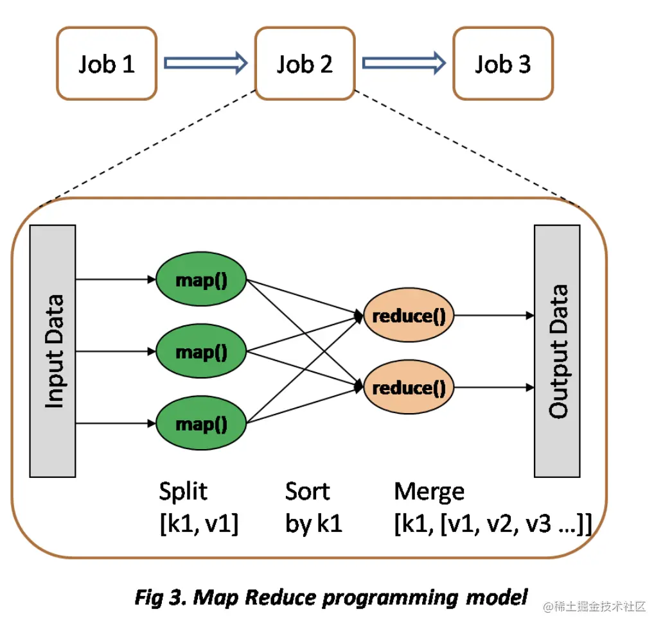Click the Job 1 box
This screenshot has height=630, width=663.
click(x=107, y=64)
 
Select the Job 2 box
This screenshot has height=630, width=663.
click(x=305, y=64)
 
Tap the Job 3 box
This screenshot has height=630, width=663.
click(x=503, y=64)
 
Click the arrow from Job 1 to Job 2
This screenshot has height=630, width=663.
click(x=206, y=63)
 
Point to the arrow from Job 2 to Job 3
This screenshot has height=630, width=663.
click(x=403, y=63)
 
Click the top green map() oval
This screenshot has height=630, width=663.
click(x=202, y=280)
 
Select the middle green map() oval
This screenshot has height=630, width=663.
click(x=202, y=352)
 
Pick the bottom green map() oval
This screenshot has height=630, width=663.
click(x=202, y=423)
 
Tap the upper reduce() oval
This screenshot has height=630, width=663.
click(x=409, y=316)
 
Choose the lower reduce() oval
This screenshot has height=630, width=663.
click(x=409, y=387)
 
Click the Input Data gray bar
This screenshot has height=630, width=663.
click(x=53, y=351)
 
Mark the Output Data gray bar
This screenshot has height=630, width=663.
click(x=557, y=351)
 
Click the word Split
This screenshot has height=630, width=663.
click(x=184, y=491)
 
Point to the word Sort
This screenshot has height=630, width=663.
click(x=307, y=491)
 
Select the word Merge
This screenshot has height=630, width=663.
click(x=429, y=491)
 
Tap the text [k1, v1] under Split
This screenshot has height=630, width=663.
click(x=199, y=524)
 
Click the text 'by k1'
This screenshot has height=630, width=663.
click(x=314, y=524)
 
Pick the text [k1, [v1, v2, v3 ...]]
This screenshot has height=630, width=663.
click(x=492, y=524)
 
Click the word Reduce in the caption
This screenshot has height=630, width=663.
click(x=281, y=597)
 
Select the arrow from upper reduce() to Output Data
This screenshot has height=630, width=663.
click(x=495, y=316)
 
